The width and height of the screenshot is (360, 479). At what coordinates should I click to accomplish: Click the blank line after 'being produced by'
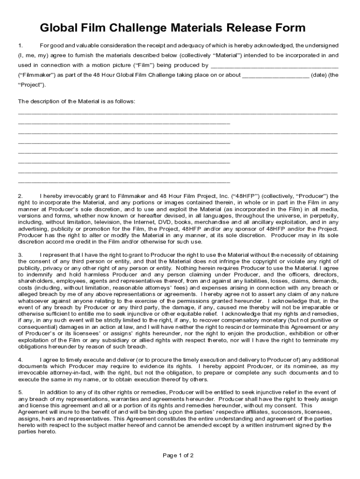pos(274,65)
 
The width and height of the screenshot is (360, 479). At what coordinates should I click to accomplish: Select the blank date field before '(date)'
pos(276,75)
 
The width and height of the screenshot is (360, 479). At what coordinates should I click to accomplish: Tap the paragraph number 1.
pos(20,45)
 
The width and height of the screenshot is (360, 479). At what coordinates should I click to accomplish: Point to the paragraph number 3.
pos(20,255)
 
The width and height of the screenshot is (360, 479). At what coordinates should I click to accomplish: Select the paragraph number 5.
pos(20,392)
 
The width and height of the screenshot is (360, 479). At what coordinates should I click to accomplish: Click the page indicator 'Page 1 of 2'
pos(178,456)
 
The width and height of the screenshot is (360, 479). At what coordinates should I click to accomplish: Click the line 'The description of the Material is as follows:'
pos(77,102)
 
